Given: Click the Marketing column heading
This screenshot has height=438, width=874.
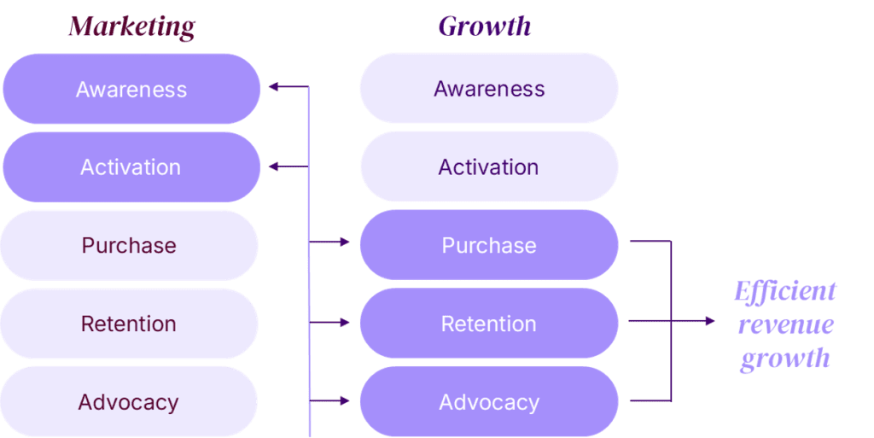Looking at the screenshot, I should [x=131, y=26].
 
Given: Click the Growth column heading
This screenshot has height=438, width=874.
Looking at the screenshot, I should [x=484, y=26].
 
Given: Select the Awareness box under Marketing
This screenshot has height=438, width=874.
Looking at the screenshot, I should [x=131, y=89].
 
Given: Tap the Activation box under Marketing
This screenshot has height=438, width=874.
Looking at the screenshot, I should [x=131, y=167].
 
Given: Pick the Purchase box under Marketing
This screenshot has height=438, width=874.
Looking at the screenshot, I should [x=129, y=246].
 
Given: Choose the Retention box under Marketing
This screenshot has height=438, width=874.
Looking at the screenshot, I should [x=129, y=324].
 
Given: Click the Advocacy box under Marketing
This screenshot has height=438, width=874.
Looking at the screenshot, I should [x=129, y=402].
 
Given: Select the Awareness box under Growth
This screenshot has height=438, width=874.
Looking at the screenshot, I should [x=489, y=89].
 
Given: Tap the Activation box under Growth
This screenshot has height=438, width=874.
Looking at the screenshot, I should [x=489, y=167].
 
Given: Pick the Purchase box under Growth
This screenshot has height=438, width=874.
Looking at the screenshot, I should [x=489, y=246].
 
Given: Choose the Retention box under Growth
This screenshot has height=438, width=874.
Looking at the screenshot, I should [x=489, y=324].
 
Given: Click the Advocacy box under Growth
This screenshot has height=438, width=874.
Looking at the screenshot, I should [x=489, y=402].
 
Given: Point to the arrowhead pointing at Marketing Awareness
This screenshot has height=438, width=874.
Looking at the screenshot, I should [x=272, y=86].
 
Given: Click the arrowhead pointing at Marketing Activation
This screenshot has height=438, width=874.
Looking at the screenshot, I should [x=272, y=166].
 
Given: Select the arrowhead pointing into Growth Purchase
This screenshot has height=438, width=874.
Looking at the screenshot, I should [x=345, y=242].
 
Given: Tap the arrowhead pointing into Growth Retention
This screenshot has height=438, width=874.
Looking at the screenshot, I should [x=345, y=322].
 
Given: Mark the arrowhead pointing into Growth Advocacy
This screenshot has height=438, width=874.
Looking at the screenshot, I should [x=345, y=400].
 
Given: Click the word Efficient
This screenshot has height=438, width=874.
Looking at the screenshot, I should [x=785, y=291].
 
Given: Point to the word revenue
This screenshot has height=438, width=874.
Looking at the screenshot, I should [x=785, y=324].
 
